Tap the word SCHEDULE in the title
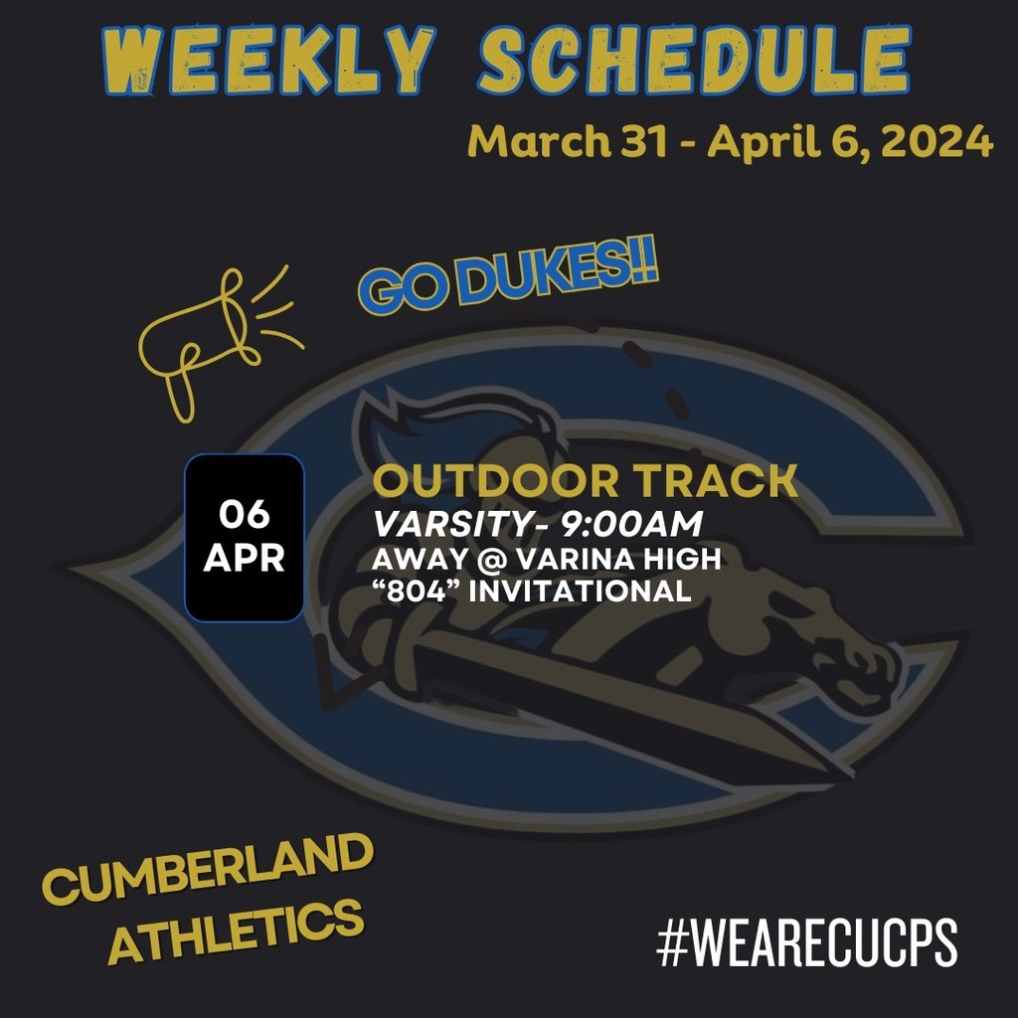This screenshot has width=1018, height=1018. pyautogui.click(x=693, y=62)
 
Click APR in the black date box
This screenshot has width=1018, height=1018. pyautogui.click(x=244, y=559)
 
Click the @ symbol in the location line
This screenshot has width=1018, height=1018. pyautogui.click(x=483, y=560)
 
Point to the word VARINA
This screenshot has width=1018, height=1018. pyautogui.click(x=570, y=560)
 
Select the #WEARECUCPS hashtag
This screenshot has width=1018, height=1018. pyautogui.click(x=806, y=943)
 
